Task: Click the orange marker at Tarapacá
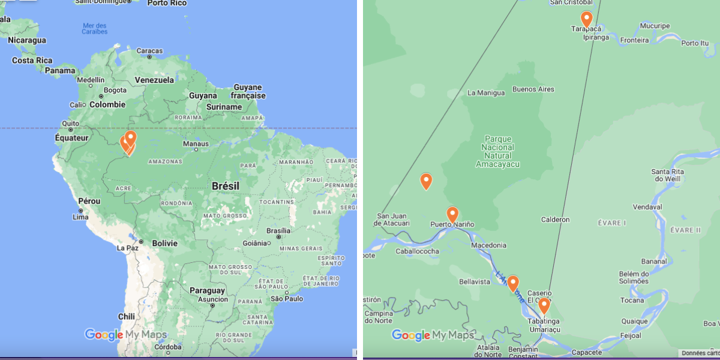[586, 19]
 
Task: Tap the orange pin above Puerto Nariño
[452, 214]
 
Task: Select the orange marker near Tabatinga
[544, 305]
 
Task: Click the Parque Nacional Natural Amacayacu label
[497, 151]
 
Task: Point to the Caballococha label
[417, 251]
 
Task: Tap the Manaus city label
[196, 144]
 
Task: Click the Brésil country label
[225, 187]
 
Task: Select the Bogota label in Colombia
[115, 91]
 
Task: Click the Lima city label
[80, 217]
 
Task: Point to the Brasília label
[278, 230]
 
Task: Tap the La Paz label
[128, 247]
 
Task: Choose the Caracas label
[149, 51]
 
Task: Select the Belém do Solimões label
[634, 277]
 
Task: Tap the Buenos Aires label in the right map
[533, 89]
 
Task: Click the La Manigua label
[485, 93]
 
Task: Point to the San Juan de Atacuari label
[393, 220]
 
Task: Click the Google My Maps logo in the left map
[125, 335]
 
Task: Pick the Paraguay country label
[208, 290]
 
